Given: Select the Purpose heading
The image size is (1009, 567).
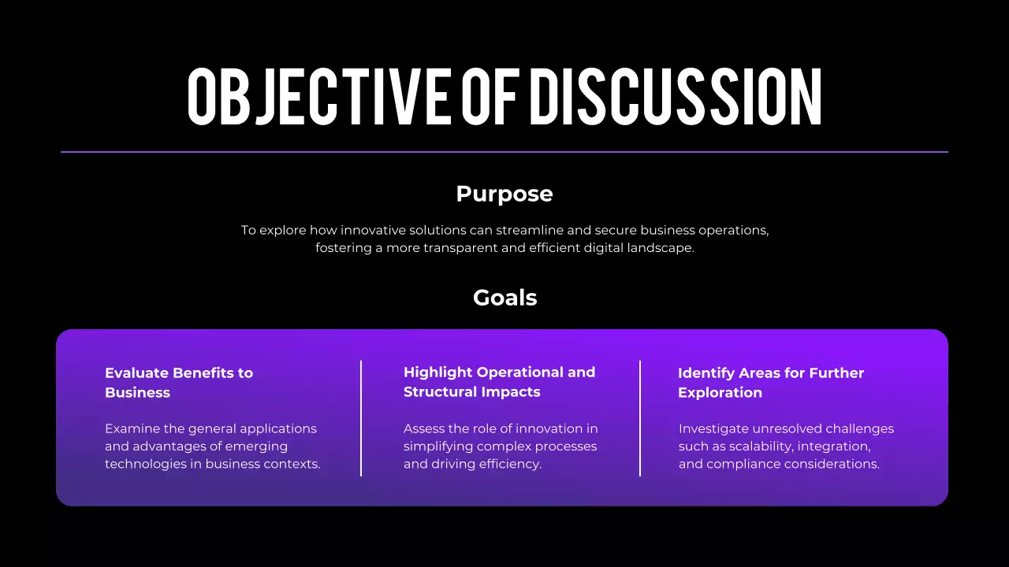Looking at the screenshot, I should point(504,194).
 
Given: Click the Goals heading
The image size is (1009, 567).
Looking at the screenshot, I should point(504,298).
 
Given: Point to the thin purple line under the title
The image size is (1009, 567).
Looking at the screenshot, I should point(504,152).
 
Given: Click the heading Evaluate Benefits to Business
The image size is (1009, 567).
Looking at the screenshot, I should point(179,383).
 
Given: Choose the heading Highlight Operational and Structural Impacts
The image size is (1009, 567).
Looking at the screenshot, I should point(499,382).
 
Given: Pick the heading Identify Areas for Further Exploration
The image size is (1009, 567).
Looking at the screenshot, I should point(770,383).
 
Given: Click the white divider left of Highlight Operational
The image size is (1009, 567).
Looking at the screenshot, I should point(361,418).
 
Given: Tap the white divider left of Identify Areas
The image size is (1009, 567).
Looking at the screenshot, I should point(640,418).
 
